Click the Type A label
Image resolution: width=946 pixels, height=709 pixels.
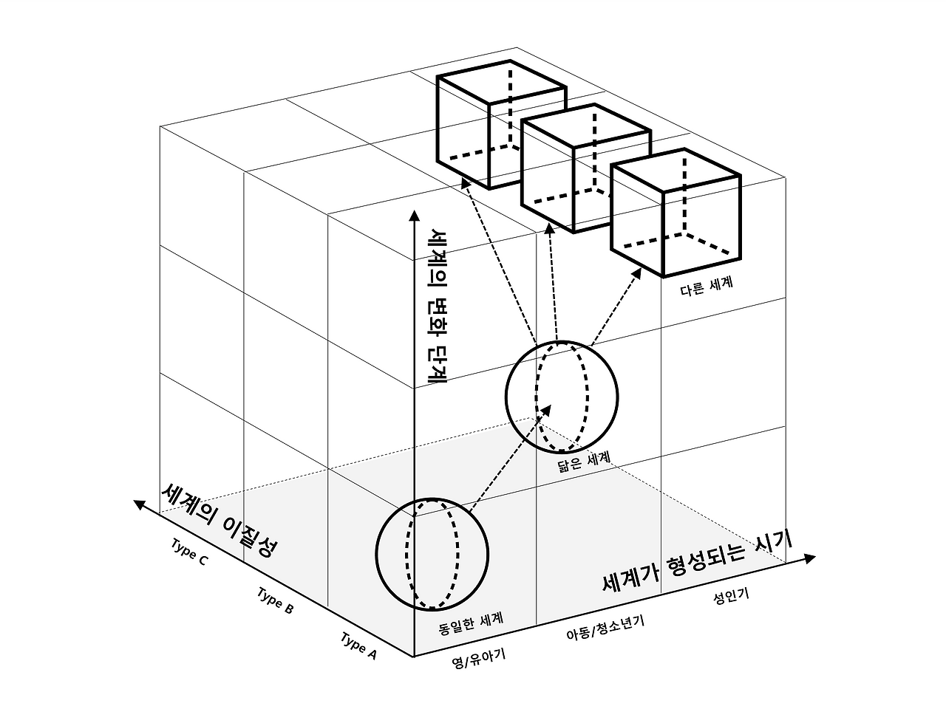pos(359,646)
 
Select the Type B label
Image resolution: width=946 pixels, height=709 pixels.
pos(276,600)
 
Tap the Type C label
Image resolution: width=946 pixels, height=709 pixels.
pos(190,551)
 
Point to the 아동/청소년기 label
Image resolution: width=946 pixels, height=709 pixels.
pos(605,627)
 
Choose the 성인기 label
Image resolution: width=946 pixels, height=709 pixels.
pos(731,595)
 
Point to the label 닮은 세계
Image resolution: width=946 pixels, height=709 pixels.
pos(585,462)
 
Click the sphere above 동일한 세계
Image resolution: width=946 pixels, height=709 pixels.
pos(432,553)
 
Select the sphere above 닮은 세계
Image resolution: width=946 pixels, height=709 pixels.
pos(562,397)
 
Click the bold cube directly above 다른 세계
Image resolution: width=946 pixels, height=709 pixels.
pos(676,212)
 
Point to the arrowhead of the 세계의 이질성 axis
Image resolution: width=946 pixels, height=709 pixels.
pos(138,504)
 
